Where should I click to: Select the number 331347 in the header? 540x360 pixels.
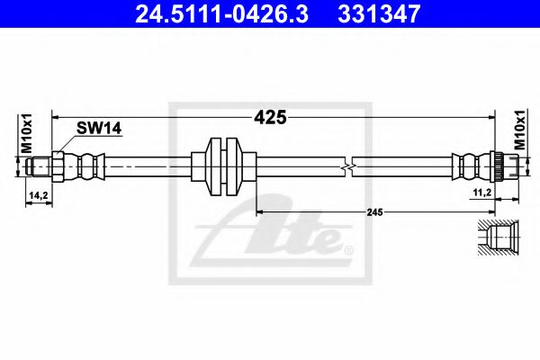click(x=389, y=13)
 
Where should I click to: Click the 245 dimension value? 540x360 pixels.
click(x=375, y=211)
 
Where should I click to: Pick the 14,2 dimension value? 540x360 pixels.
click(x=38, y=194)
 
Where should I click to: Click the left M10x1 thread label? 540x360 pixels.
click(x=27, y=134)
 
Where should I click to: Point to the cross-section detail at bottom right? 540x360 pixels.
click(x=498, y=237)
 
